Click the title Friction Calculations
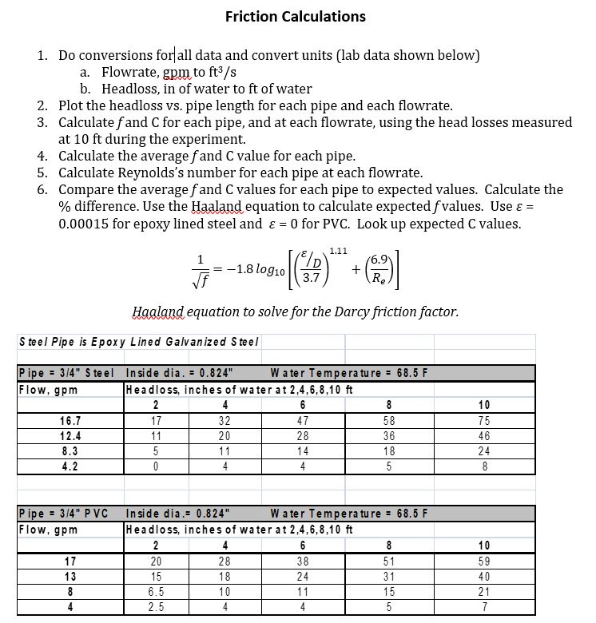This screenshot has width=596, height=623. (296, 16)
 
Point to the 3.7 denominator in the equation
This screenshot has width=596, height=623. (306, 298)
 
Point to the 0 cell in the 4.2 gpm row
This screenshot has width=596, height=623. (156, 465)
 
